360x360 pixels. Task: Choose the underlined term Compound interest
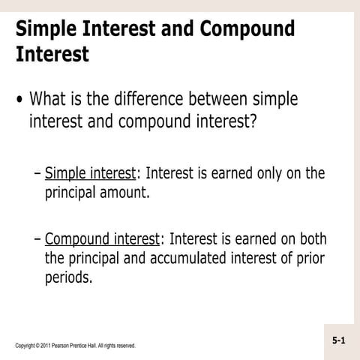click(x=102, y=239)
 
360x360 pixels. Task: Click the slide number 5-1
click(x=339, y=340)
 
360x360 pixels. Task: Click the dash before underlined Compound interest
click(x=37, y=240)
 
